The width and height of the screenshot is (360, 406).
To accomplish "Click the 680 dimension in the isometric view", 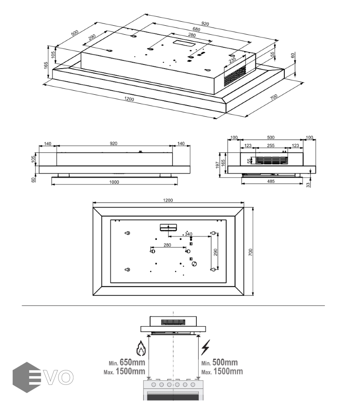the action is pos(196,29).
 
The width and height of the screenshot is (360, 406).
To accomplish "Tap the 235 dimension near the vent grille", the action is pos(232,60).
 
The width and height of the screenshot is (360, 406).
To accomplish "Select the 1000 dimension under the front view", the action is pos(114,182).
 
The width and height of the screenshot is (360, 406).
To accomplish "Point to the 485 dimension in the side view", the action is pos(271,181).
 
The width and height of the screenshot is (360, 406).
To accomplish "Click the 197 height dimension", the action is pos(217,165).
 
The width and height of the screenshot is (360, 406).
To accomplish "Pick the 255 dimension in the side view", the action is pos(271,146).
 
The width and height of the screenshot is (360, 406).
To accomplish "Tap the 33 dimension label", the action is pos(308,185).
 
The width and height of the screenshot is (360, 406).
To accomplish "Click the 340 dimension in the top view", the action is pos(188,234).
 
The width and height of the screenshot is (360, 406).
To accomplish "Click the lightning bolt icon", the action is pos(205,347).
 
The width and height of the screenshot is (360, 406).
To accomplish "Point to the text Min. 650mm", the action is pos(127,363).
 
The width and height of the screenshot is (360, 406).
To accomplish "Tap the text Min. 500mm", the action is pos(219,363).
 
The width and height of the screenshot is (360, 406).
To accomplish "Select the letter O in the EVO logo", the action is pos(66,377).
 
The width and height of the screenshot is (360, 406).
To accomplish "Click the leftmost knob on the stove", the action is pos(154,385).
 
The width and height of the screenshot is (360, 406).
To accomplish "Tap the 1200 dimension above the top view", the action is pos(168,200).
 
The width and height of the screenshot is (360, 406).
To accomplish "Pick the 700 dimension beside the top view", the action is pos(251,252).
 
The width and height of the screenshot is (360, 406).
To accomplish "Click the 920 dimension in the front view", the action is pos(114,143).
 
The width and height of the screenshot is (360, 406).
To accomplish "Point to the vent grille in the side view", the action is pos(272,160).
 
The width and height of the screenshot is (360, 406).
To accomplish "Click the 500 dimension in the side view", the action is pos(271,137).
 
